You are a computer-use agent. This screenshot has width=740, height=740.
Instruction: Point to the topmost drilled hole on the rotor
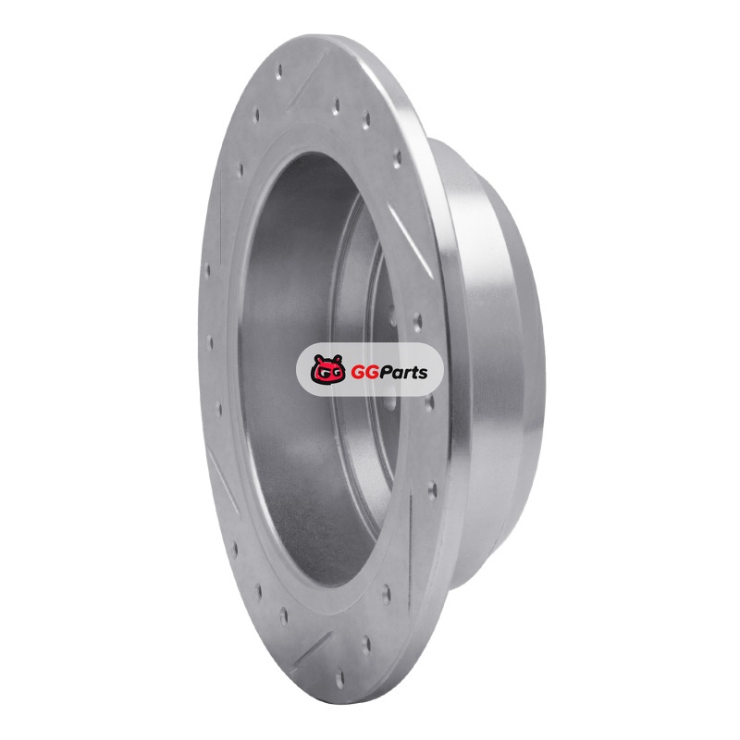tap(280, 70)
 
